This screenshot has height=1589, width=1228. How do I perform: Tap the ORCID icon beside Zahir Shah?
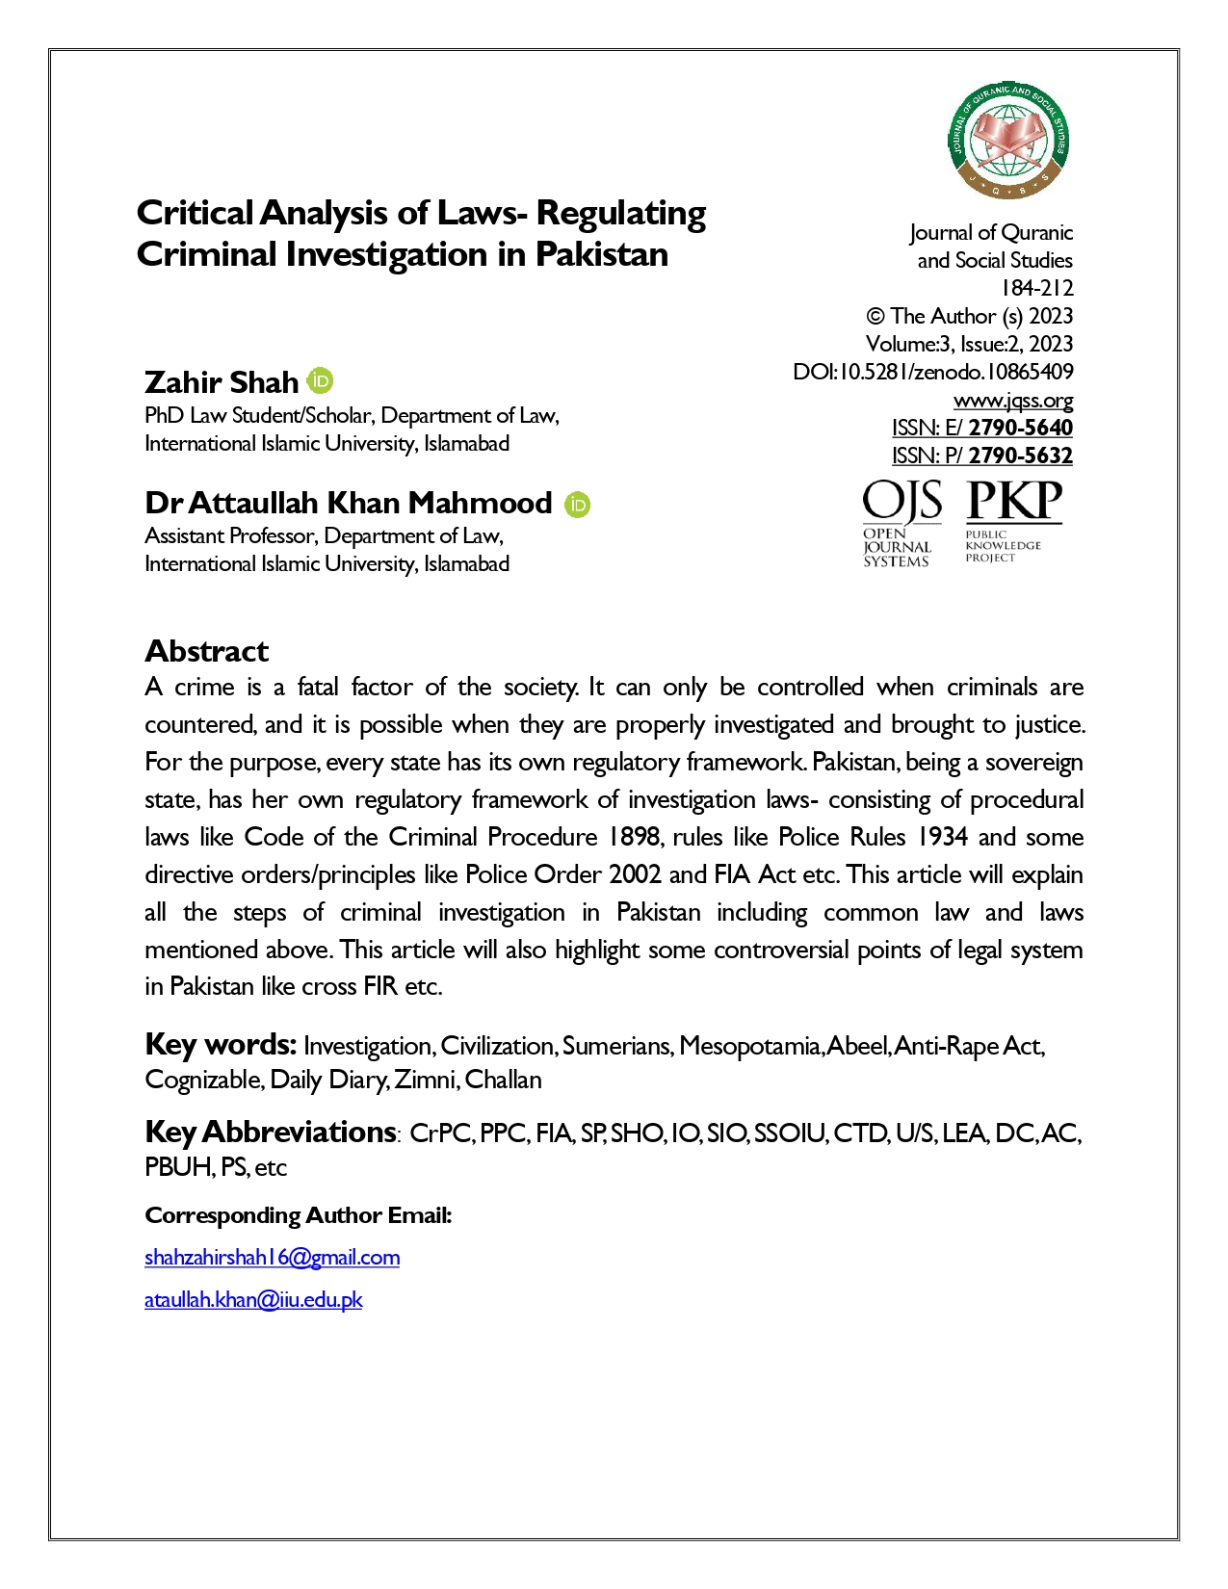tap(321, 381)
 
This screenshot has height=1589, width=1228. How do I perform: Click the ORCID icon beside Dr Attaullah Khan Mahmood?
tap(577, 504)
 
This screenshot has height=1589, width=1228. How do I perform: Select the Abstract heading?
tap(206, 651)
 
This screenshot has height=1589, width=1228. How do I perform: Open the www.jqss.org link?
tap(1012, 400)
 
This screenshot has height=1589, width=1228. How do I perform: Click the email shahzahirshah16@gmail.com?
tap(272, 1257)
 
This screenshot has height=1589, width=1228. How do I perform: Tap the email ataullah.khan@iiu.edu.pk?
tap(253, 1299)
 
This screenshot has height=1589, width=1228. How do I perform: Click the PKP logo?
tap(1012, 520)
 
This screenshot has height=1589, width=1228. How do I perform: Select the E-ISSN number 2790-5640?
tap(1020, 428)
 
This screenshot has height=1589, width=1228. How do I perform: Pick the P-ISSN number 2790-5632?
tap(1020, 456)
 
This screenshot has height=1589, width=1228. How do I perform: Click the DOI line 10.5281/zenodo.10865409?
tap(932, 372)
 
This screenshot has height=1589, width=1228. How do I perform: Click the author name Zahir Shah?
tap(222, 382)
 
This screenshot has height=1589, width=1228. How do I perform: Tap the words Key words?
tap(220, 1044)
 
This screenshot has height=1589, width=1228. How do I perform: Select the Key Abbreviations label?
tap(270, 1132)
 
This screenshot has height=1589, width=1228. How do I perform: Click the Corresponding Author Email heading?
tap(298, 1215)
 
